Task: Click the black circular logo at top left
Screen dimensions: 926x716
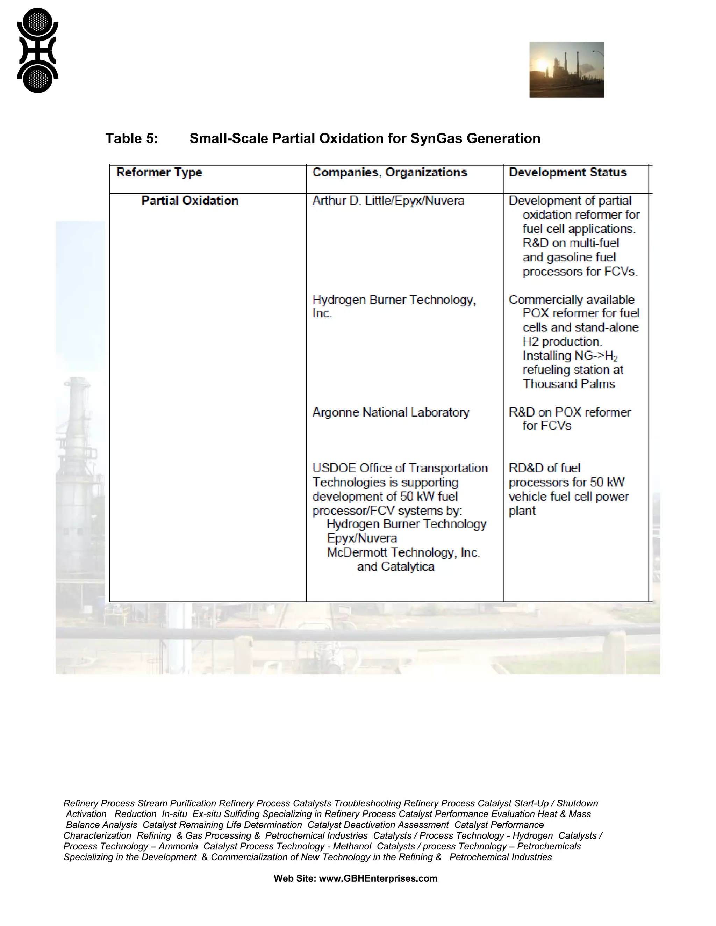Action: click(x=37, y=50)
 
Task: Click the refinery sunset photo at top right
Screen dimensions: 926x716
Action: click(x=566, y=70)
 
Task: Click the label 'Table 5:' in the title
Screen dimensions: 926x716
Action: click(x=131, y=139)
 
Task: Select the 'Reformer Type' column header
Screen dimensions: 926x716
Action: click(x=159, y=172)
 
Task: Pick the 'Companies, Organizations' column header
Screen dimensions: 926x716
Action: click(x=389, y=172)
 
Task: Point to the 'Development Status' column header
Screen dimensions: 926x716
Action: click(x=567, y=172)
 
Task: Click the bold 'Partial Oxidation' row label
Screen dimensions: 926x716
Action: click(x=189, y=201)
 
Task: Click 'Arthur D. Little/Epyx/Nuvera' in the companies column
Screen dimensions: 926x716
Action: click(x=388, y=201)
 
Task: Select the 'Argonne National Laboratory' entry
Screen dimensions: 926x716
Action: click(x=391, y=412)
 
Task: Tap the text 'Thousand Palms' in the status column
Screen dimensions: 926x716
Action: click(x=568, y=384)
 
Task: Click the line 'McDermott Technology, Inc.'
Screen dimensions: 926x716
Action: click(x=403, y=552)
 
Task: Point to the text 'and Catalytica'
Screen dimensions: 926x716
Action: click(x=395, y=566)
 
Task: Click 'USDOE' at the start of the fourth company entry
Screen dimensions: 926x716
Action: click(x=334, y=468)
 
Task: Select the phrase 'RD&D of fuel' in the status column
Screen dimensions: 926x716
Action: click(x=544, y=468)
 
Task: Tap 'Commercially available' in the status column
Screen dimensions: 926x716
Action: click(x=571, y=300)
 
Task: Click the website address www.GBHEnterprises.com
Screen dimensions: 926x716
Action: click(x=378, y=878)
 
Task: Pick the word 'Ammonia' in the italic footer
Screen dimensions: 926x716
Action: click(x=178, y=846)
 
